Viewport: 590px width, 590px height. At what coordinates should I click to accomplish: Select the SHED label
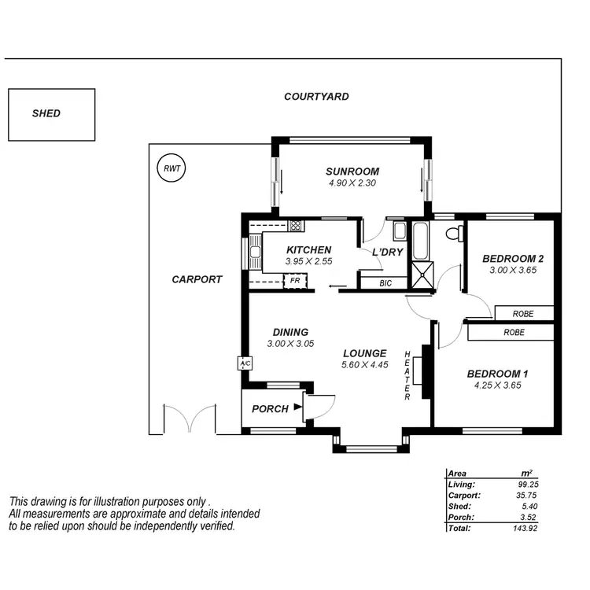[x=46, y=113]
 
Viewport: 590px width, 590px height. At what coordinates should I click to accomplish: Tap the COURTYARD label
[x=316, y=97]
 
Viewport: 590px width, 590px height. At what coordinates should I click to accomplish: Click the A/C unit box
[x=244, y=364]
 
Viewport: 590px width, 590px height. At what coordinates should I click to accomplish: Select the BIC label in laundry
[x=385, y=282]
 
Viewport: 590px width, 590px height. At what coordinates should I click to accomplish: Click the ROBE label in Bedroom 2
[x=522, y=314]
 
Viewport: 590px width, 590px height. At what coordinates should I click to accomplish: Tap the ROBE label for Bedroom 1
[x=514, y=333]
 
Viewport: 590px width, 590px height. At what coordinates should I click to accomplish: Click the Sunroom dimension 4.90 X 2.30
[x=352, y=183]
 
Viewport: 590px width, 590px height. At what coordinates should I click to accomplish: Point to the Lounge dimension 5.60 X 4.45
[x=363, y=366]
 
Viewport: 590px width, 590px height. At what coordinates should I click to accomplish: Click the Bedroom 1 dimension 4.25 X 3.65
[x=497, y=385]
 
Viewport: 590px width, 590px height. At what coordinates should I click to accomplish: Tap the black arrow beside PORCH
[x=297, y=407]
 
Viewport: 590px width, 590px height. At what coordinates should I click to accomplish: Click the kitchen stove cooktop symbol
[x=295, y=225]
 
